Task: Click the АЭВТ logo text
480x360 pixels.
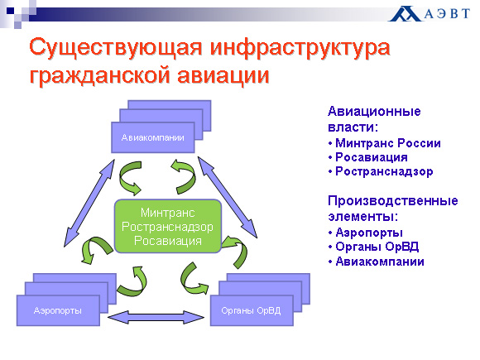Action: (x=447, y=13)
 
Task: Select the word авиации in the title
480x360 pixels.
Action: (x=223, y=75)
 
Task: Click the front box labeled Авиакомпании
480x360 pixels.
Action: (x=153, y=137)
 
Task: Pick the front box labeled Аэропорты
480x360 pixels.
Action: (x=58, y=310)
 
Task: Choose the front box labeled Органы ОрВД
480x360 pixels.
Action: (x=252, y=310)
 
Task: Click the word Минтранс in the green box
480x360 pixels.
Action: (x=168, y=213)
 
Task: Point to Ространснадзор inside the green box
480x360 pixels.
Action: (x=168, y=227)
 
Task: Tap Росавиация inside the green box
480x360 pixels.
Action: (x=168, y=241)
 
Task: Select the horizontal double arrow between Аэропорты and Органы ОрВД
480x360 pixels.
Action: (x=156, y=318)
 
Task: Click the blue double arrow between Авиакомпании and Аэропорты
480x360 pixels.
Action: (x=89, y=203)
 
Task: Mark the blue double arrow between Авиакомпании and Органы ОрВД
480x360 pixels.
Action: (x=228, y=198)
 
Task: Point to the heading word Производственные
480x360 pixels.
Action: (x=393, y=201)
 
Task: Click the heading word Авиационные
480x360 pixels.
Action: (x=374, y=111)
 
